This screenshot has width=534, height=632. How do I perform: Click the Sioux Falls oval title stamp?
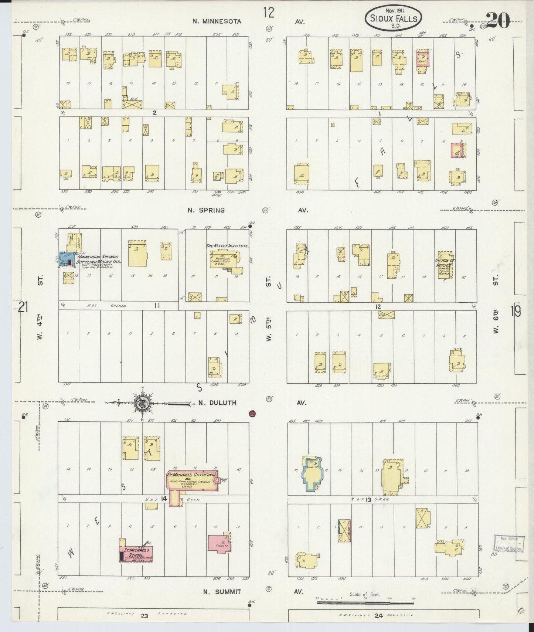[393, 17]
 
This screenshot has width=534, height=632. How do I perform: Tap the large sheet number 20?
[498, 21]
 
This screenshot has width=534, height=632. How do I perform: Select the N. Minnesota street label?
[217, 21]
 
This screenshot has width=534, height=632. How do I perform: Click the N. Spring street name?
[206, 210]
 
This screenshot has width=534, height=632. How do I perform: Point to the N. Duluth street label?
[217, 403]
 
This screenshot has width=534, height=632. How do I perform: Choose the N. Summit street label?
[222, 592]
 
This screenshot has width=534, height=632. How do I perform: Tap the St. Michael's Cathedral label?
[191, 474]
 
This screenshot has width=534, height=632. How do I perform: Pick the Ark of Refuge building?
[445, 265]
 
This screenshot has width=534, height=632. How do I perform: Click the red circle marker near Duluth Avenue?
[253, 414]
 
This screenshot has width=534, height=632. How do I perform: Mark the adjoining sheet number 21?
[23, 307]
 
